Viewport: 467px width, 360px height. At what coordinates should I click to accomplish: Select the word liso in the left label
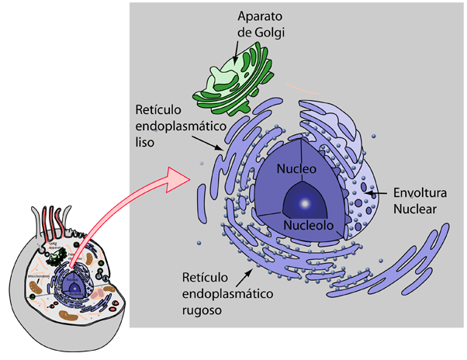point(146,143)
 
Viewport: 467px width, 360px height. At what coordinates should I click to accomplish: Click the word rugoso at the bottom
point(203,310)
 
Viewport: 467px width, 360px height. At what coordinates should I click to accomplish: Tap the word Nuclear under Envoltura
point(416,209)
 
